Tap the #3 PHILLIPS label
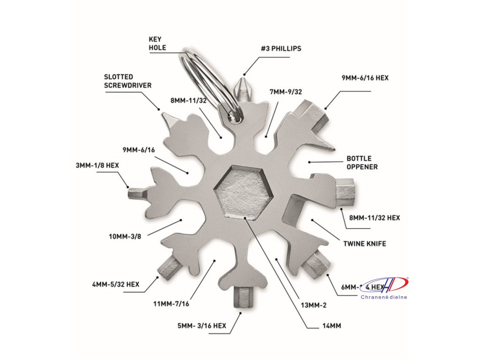[281, 48]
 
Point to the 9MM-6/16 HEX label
[365, 78]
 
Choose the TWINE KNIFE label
[365, 244]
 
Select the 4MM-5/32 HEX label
[116, 284]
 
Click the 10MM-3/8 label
[125, 236]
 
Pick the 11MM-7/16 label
[171, 304]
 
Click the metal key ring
[206, 80]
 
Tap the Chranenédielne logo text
[384, 297]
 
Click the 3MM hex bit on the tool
[136, 193]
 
